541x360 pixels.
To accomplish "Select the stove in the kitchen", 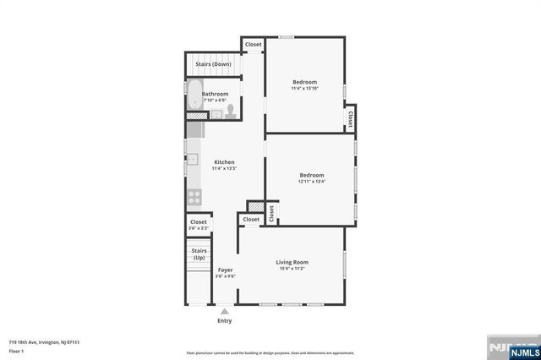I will point(194,198).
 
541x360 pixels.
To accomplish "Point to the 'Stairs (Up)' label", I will point(199,254).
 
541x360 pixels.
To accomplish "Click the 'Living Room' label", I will point(292,262).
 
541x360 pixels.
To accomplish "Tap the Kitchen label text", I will point(224,161).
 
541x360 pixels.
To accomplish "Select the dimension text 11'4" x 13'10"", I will point(304,89).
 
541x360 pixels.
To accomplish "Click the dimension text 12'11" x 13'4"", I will point(311,181).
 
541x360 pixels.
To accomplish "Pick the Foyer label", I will point(225,270).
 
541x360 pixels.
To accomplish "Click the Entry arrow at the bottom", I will point(225,311).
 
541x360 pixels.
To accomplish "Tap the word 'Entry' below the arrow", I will point(225,321).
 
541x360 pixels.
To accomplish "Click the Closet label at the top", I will point(253,44).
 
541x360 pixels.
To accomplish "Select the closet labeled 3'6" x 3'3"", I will point(198,225).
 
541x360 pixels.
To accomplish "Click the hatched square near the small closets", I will point(254,206).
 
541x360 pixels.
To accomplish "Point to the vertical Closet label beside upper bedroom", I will point(350,117).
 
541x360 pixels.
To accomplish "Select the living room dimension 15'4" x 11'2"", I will point(292,269).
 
